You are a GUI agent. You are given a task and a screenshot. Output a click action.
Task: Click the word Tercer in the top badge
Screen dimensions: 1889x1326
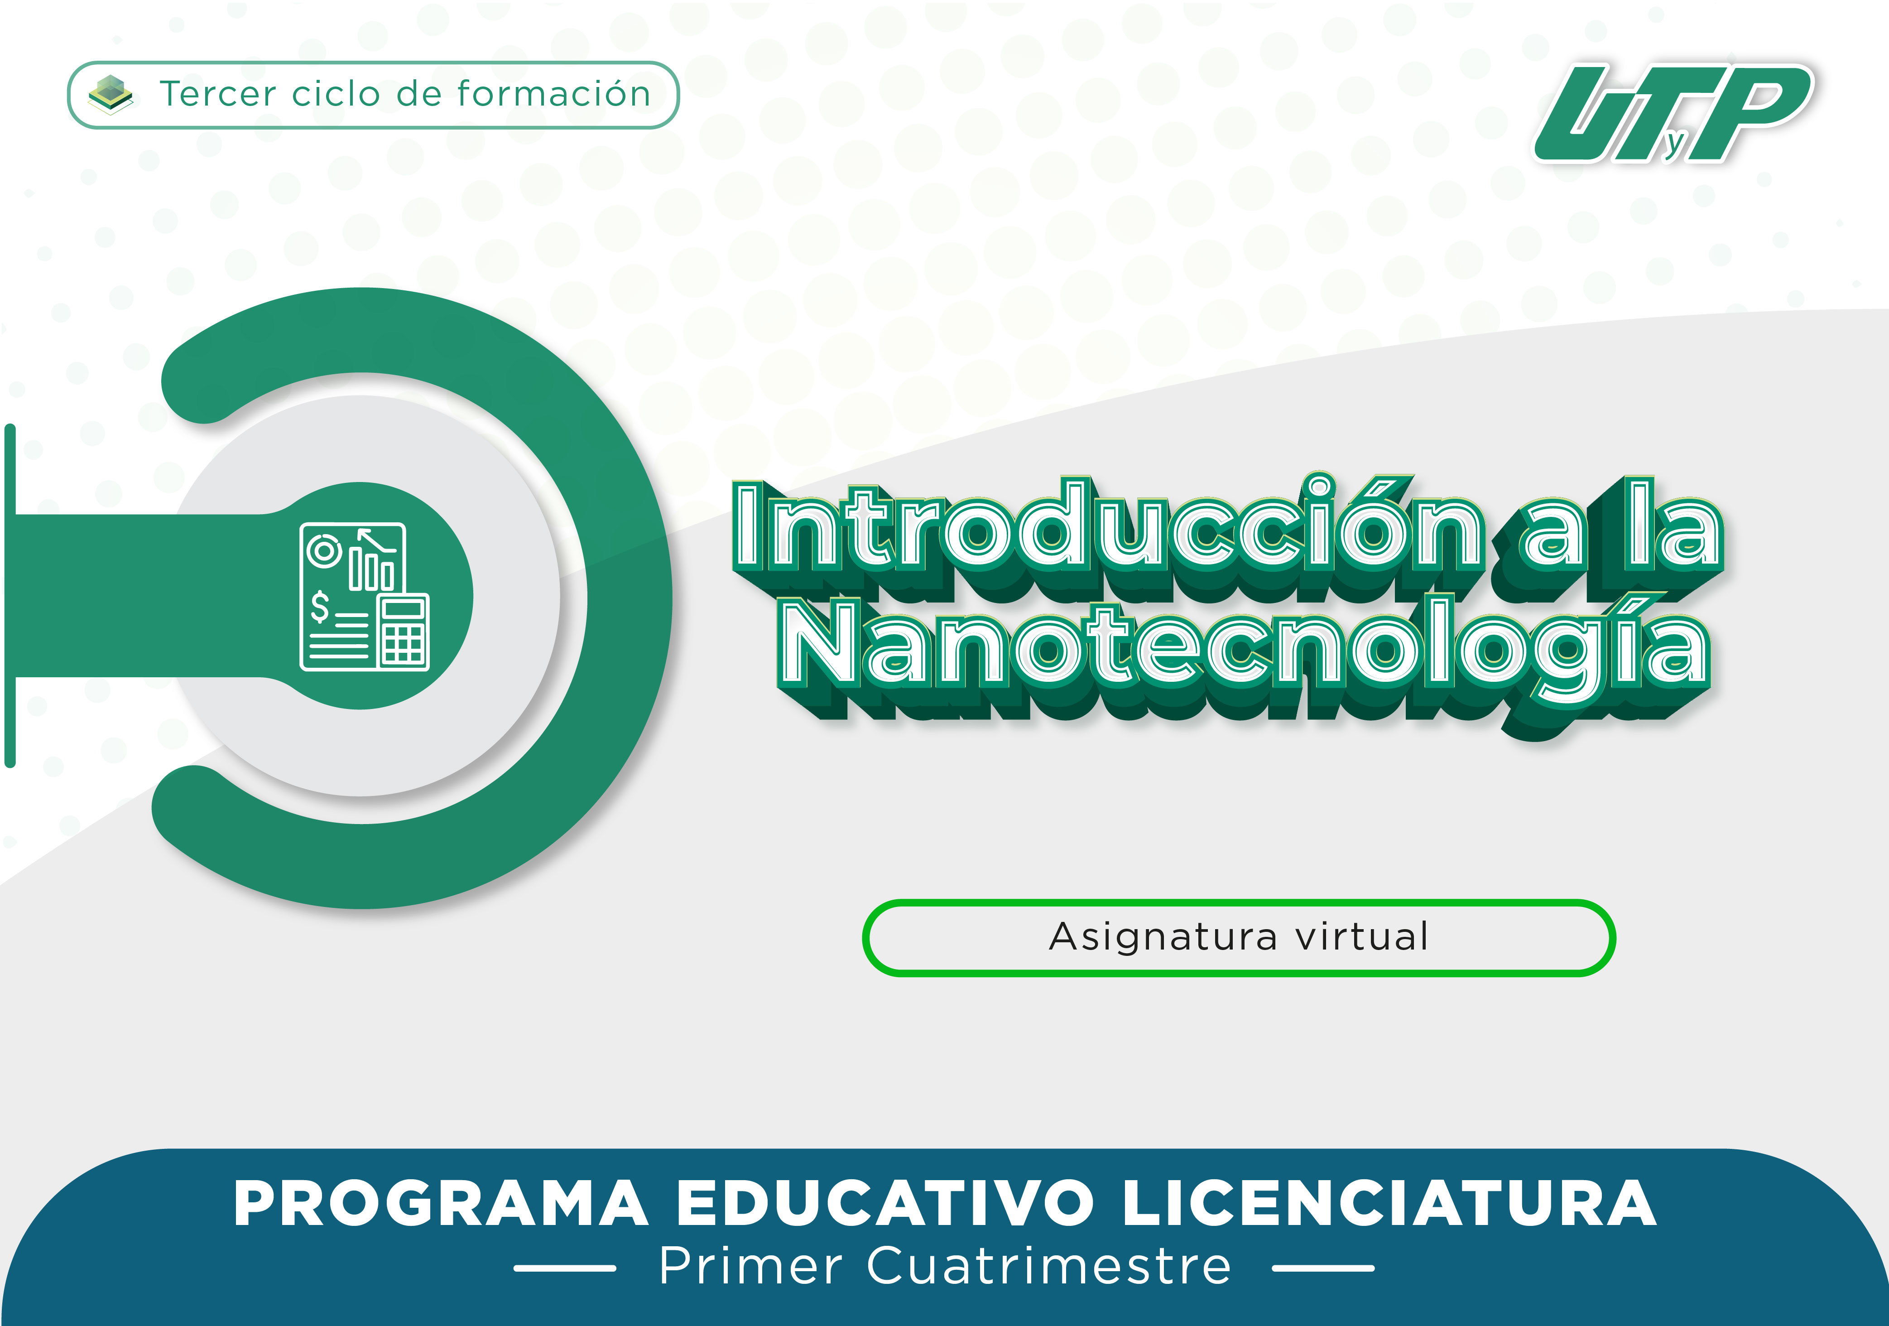tap(218, 94)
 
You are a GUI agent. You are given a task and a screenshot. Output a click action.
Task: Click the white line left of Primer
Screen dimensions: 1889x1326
tap(565, 1268)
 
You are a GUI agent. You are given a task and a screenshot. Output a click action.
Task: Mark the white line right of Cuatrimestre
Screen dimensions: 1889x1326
tap(1323, 1268)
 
